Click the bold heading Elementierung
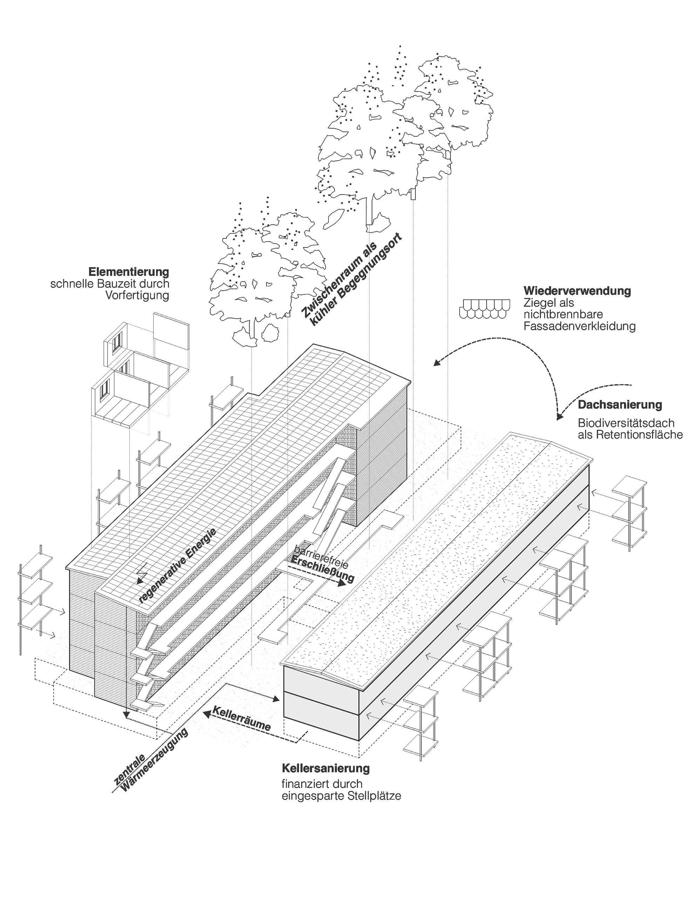pyautogui.click(x=129, y=272)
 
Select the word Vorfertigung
pyautogui.click(x=137, y=296)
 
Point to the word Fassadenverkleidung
pyautogui.click(x=580, y=326)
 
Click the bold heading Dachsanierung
pyautogui.click(x=620, y=405)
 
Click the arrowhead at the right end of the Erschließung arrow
pyautogui.click(x=341, y=583)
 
